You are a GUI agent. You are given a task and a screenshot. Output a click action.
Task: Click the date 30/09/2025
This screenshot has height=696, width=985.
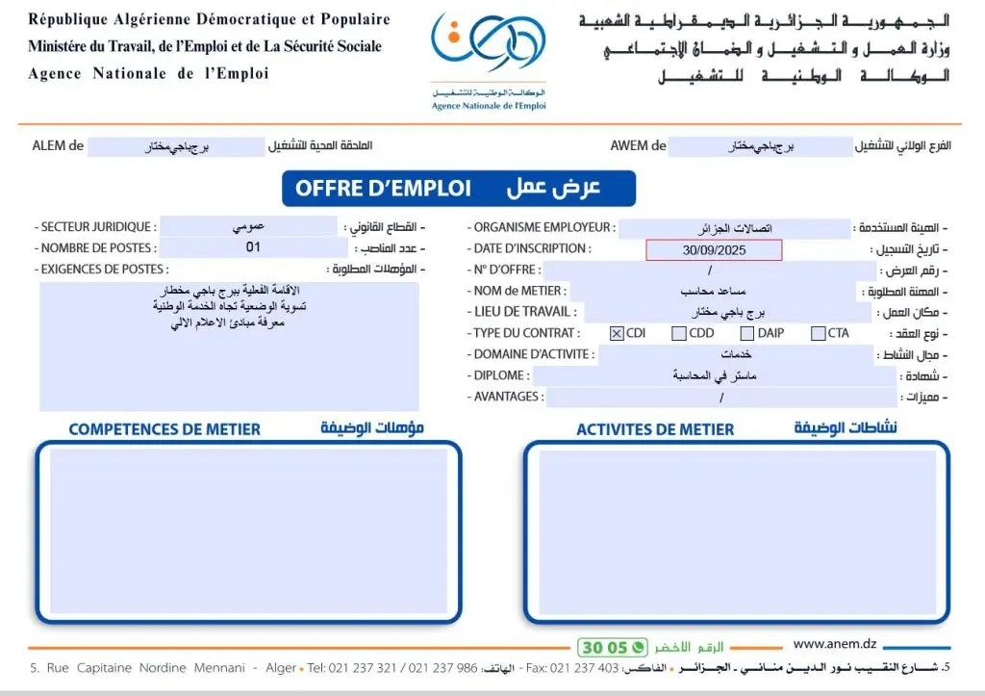[x=714, y=250]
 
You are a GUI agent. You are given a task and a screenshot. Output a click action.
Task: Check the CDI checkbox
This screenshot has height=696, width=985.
[x=617, y=334]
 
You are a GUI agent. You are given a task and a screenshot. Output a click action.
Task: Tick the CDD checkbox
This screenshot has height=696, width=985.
[x=679, y=334]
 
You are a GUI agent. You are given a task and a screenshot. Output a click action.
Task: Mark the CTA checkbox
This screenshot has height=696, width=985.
[x=818, y=334]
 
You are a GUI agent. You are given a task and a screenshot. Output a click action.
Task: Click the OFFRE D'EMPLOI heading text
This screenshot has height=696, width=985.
[x=383, y=189]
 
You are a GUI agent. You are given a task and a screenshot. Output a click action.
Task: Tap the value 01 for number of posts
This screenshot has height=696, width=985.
[x=254, y=247]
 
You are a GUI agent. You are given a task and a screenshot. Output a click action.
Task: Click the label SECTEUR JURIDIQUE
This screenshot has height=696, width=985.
[x=95, y=227]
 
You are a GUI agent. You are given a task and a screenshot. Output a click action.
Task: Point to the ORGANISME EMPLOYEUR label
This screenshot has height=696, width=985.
[x=541, y=228]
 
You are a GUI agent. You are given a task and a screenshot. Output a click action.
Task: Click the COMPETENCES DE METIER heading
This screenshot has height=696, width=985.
[x=164, y=429]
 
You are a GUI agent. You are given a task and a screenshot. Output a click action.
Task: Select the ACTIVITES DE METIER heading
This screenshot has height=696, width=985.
[x=655, y=429]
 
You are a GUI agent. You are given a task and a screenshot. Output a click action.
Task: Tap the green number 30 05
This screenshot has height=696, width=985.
[x=603, y=648]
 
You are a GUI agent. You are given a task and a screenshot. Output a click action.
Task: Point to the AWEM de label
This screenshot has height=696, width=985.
[x=638, y=146]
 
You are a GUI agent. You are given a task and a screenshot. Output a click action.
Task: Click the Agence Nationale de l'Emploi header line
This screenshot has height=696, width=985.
[x=148, y=73]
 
